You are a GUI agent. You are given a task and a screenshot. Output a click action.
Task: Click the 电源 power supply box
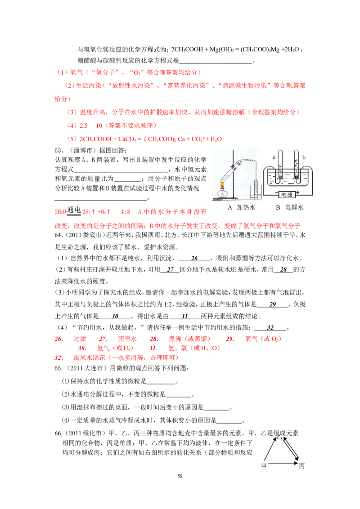[x=286, y=195]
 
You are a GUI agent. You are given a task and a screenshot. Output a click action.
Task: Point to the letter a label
[x=274, y=157]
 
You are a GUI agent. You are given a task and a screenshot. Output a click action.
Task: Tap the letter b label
[x=305, y=157]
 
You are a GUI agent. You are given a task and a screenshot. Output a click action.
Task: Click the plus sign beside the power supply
[x=298, y=192]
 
